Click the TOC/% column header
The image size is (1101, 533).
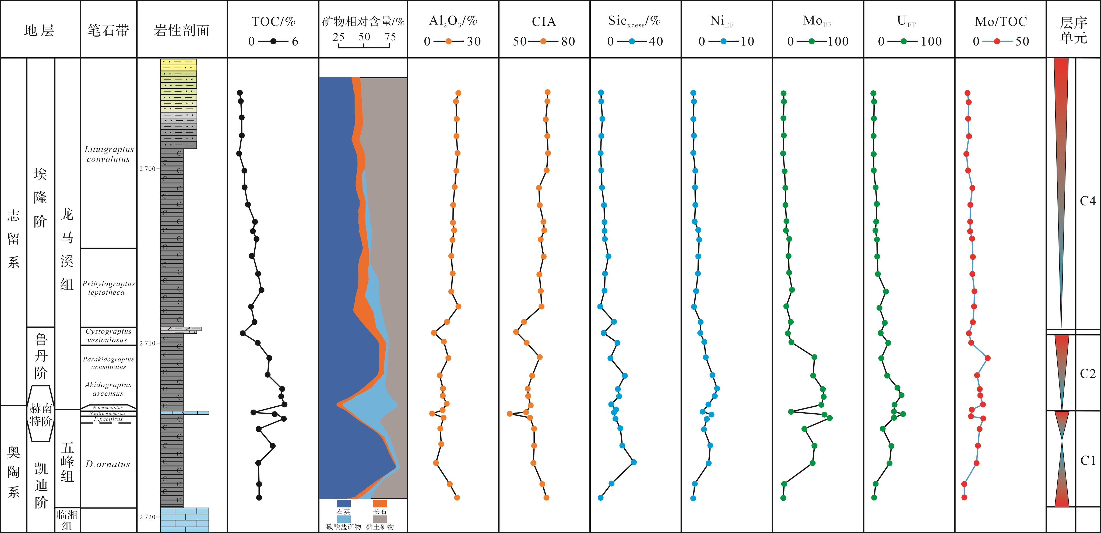click(x=273, y=21)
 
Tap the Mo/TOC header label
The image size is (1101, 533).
click(x=1001, y=21)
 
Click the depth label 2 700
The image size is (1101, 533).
click(x=147, y=169)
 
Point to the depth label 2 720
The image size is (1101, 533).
click(x=147, y=517)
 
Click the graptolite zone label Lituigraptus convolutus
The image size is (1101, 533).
click(x=108, y=154)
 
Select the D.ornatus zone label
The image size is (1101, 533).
click(x=108, y=464)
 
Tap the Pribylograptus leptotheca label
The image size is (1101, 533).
click(x=108, y=288)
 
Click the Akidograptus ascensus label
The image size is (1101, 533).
click(x=108, y=389)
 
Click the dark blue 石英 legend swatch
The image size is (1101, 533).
click(x=344, y=503)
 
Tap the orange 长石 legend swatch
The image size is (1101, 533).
click(x=379, y=503)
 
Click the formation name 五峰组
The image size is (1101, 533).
click(x=67, y=462)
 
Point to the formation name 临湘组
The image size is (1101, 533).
click(x=67, y=520)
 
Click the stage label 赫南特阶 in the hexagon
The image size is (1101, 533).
click(x=41, y=414)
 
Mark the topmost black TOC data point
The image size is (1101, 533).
click(x=240, y=93)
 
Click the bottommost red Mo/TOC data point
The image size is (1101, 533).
click(x=964, y=497)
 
